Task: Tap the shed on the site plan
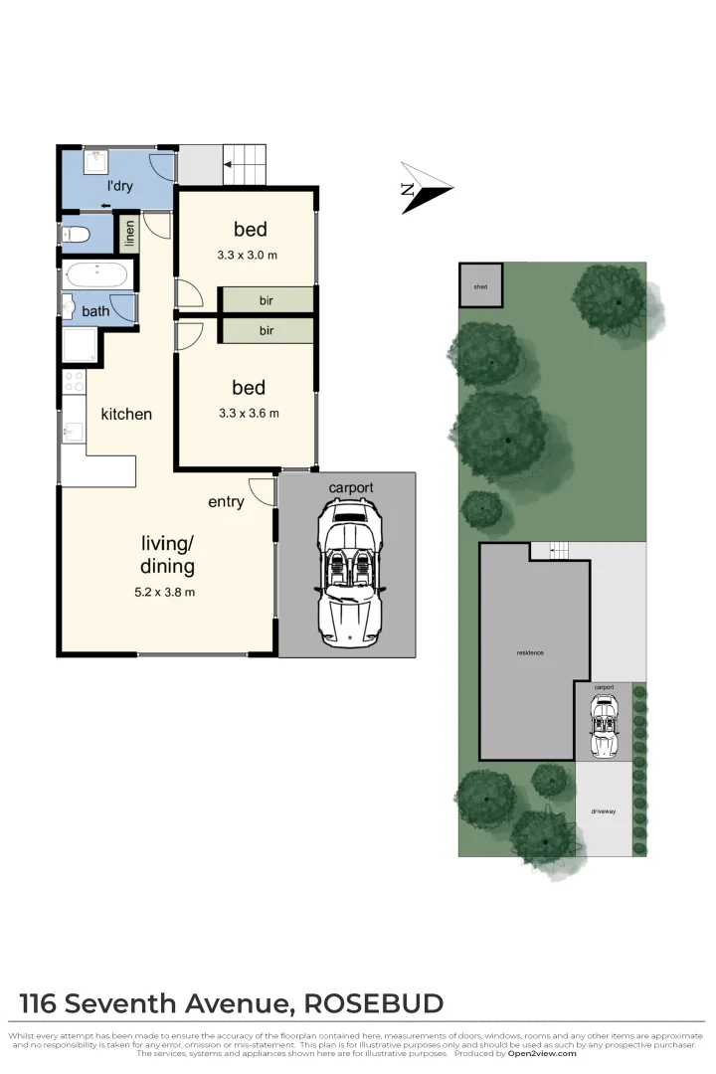pyautogui.click(x=480, y=285)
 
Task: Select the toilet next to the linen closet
pyautogui.click(x=77, y=235)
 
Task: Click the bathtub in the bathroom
pyautogui.click(x=95, y=275)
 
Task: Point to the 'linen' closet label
pyautogui.click(x=128, y=234)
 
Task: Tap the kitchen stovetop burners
pyautogui.click(x=75, y=381)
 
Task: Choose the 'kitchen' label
pyautogui.click(x=126, y=414)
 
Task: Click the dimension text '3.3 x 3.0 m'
pyautogui.click(x=247, y=255)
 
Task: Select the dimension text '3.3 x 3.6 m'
pyautogui.click(x=247, y=413)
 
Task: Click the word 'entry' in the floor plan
pyautogui.click(x=226, y=502)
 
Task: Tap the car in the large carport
pyautogui.click(x=346, y=574)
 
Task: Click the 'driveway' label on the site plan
pyautogui.click(x=604, y=811)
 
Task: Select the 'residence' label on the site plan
pyautogui.click(x=530, y=652)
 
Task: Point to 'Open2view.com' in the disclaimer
pyautogui.click(x=541, y=1053)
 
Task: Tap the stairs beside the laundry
pyautogui.click(x=244, y=164)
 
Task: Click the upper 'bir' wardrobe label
pyautogui.click(x=267, y=299)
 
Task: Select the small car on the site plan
pyautogui.click(x=604, y=726)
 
